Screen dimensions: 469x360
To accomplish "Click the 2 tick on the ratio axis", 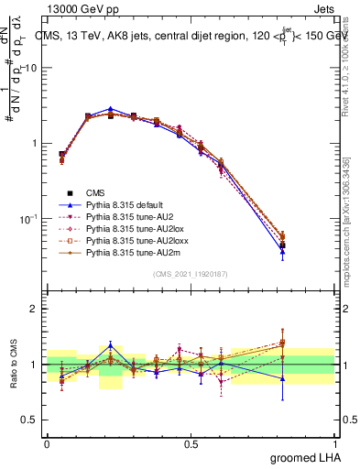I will pos(33,309).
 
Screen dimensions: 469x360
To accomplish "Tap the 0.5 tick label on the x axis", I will pos(191,443).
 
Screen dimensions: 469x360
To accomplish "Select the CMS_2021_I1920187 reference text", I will pos(191,274).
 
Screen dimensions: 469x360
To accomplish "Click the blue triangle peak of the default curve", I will pos(110,109).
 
